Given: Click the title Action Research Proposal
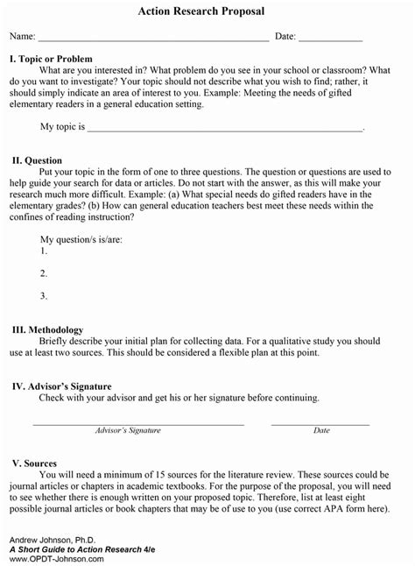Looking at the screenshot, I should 207,12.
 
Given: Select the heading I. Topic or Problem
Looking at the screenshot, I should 50,58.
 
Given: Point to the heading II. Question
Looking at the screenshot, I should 37,160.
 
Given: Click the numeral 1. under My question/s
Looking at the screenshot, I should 44,251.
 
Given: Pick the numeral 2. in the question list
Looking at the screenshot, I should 44,272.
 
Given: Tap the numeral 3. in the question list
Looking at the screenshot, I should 44,295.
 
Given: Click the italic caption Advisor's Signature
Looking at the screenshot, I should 128,430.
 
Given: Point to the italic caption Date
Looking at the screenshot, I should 321,430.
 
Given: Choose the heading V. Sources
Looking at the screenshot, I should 34,463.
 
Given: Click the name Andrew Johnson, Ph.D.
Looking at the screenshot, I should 45,537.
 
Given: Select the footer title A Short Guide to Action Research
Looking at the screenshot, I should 84,548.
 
